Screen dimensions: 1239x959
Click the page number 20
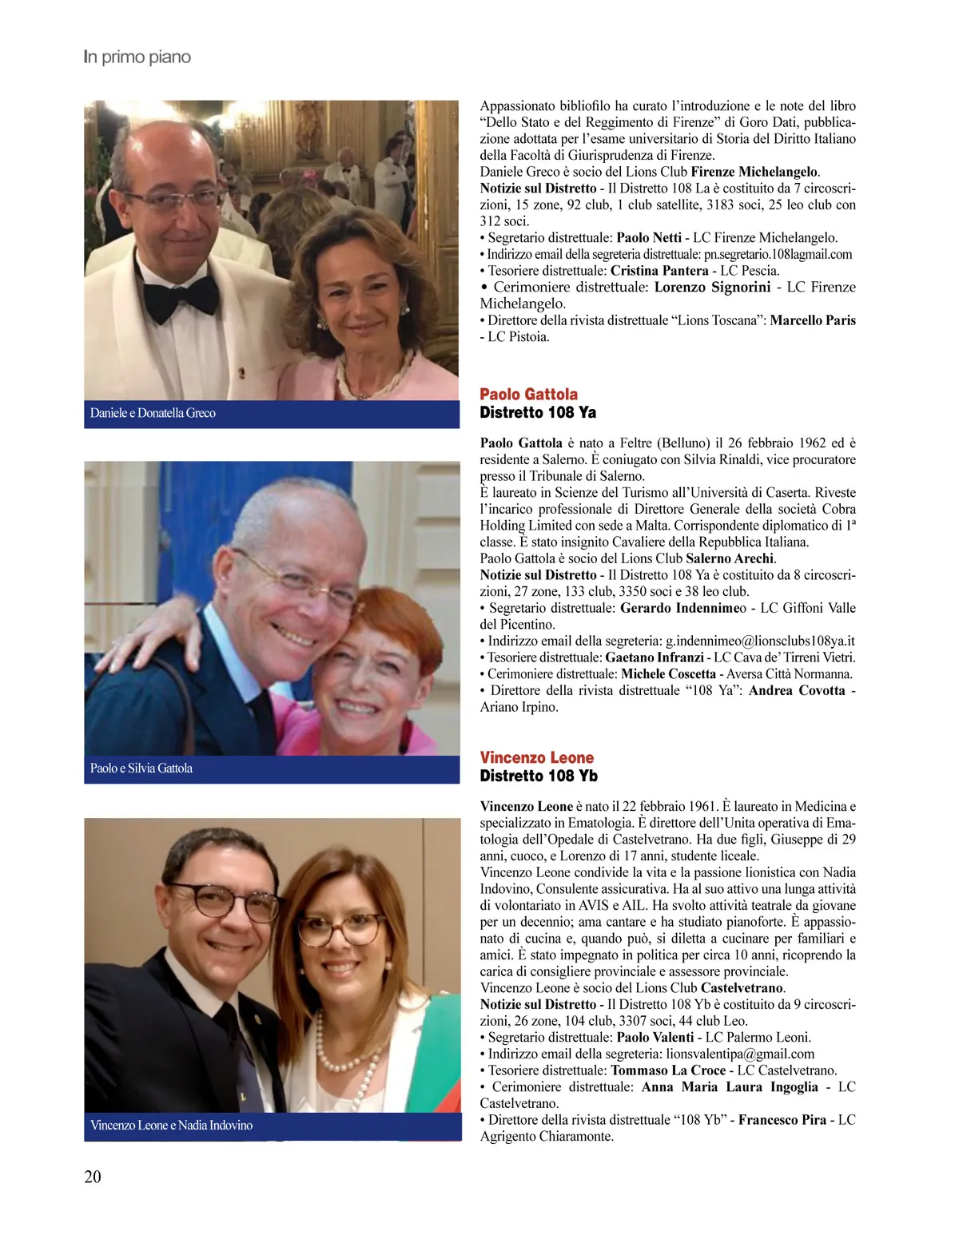click(93, 1176)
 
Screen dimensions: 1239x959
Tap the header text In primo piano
click(137, 57)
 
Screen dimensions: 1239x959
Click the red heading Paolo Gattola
click(528, 394)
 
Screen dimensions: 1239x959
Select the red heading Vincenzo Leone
click(536, 757)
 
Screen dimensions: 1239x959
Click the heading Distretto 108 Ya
click(537, 412)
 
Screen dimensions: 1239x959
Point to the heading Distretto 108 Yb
click(538, 776)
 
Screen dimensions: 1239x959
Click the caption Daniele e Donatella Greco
click(153, 413)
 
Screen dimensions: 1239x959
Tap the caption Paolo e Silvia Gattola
click(141, 768)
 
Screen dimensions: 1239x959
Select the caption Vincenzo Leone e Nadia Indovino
click(171, 1125)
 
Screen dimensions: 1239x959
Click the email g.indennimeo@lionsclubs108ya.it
click(760, 641)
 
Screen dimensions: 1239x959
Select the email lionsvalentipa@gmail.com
click(740, 1054)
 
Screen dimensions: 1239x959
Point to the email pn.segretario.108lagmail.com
click(778, 254)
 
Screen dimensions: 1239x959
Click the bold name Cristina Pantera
click(659, 271)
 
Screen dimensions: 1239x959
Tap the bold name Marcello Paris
click(813, 320)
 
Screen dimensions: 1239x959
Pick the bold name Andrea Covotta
click(797, 690)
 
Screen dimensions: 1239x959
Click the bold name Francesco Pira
click(782, 1120)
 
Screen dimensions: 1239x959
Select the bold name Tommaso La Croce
click(668, 1070)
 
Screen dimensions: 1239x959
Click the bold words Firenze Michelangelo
click(754, 172)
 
